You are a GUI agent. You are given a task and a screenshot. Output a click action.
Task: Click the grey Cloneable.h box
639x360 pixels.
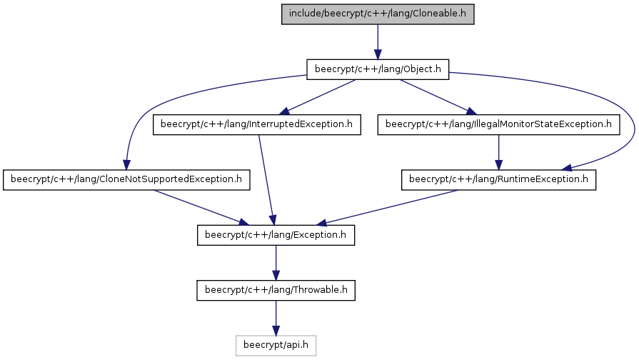378,14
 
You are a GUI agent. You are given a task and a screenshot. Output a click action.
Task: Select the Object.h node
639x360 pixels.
378,69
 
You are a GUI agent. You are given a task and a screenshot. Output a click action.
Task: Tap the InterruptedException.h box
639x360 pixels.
257,124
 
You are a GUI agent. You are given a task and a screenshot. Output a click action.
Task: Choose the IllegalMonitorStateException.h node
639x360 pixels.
498,124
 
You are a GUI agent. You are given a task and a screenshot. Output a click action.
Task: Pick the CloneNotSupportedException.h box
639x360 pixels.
126,179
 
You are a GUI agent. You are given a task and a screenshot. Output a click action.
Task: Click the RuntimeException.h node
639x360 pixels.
498,179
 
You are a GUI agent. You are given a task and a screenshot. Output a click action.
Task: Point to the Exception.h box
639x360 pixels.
276,235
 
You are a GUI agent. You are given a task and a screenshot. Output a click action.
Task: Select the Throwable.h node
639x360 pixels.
276,290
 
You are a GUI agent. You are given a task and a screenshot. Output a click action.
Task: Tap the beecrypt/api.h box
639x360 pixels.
276,345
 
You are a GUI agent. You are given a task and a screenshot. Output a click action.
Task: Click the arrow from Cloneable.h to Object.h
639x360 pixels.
378,42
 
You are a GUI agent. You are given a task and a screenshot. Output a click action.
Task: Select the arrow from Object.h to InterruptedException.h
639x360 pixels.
317,97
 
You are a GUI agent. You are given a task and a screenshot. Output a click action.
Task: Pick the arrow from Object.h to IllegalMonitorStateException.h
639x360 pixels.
438,97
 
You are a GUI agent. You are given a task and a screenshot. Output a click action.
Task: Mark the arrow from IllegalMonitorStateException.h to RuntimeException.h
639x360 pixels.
498,152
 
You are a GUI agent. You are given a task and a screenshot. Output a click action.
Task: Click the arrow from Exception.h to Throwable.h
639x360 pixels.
276,263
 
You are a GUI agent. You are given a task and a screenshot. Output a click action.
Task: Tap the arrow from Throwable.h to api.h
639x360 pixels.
276,318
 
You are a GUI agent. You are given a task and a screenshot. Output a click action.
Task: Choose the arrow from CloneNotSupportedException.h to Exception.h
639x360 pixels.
201,208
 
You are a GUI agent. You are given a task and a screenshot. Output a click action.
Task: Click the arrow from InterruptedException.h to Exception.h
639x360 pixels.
266,180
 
